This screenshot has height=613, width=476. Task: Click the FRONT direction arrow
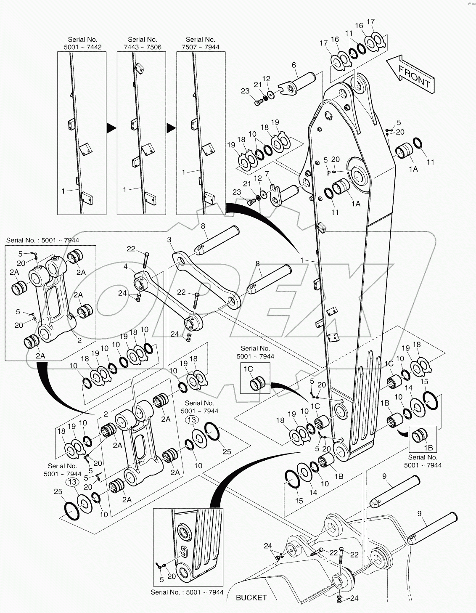tap(410, 74)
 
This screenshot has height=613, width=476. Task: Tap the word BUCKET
tap(251, 597)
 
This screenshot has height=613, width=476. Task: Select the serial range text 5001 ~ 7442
tap(82, 47)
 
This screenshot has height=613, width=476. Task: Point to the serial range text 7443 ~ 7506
tap(142, 47)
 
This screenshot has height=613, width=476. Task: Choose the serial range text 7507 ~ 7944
tap(201, 47)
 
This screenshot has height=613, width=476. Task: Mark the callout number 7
tap(267, 174)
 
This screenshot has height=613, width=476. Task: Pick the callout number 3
tap(169, 240)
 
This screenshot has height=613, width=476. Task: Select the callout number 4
tap(125, 266)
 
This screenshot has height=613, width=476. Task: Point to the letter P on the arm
tap(329, 172)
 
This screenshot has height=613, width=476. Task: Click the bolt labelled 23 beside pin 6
tap(257, 103)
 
